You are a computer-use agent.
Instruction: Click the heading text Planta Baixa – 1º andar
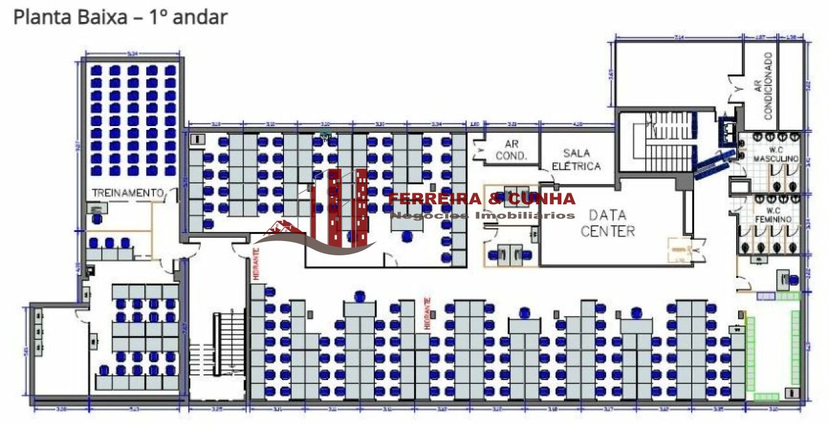tap(120, 17)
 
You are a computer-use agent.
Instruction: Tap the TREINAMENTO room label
tap(127, 193)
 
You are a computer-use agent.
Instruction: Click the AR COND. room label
tap(512, 151)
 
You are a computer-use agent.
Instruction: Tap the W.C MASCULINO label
tap(779, 155)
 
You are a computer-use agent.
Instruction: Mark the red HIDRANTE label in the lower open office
tap(426, 313)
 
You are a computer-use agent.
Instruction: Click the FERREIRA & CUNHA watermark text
tap(481, 198)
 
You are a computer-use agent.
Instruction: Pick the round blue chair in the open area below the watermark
tap(407, 237)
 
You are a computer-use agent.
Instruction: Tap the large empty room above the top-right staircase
tap(673, 74)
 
